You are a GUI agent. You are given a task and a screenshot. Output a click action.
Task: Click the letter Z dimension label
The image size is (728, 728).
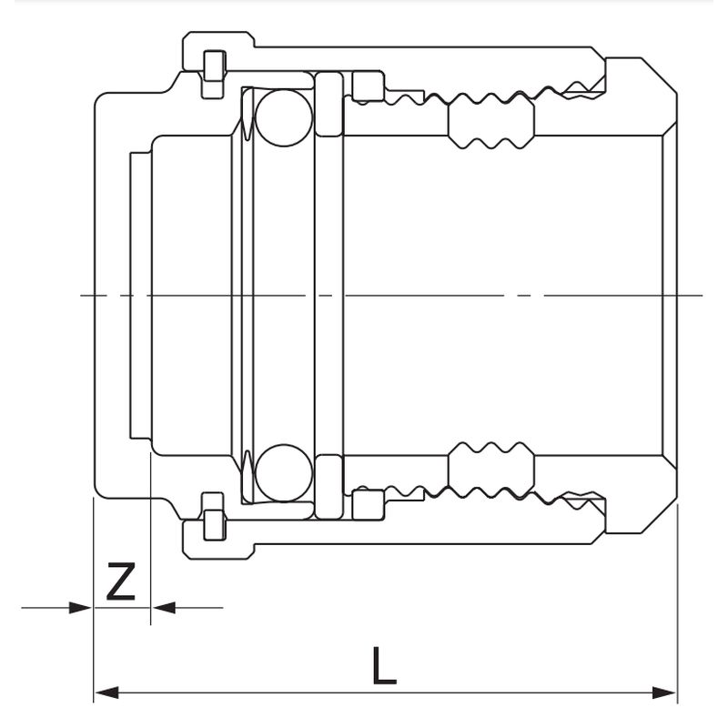tap(121, 582)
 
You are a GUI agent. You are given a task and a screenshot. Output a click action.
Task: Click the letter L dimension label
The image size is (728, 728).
tap(384, 667)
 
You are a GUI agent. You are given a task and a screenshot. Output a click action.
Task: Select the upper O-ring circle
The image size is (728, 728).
tap(283, 116)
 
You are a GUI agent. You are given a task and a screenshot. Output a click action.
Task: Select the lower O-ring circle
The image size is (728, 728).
tap(283, 472)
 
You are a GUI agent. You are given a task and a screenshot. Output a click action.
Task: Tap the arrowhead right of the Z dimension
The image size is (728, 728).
tap(163, 607)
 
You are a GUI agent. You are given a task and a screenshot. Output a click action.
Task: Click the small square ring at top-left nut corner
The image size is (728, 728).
tap(212, 66)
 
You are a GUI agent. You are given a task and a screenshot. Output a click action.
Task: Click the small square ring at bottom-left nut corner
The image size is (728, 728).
tap(212, 523)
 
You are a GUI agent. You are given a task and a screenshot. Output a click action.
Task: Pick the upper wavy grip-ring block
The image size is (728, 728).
tap(490, 121)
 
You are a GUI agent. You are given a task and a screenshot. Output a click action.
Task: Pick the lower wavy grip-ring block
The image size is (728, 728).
tap(490, 469)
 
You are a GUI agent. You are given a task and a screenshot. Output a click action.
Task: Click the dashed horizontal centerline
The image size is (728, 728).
tap(391, 295)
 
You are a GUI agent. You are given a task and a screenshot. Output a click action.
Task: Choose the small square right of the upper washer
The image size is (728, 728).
tap(368, 87)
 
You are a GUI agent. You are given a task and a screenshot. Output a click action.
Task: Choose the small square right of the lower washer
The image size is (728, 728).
tap(368, 503)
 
